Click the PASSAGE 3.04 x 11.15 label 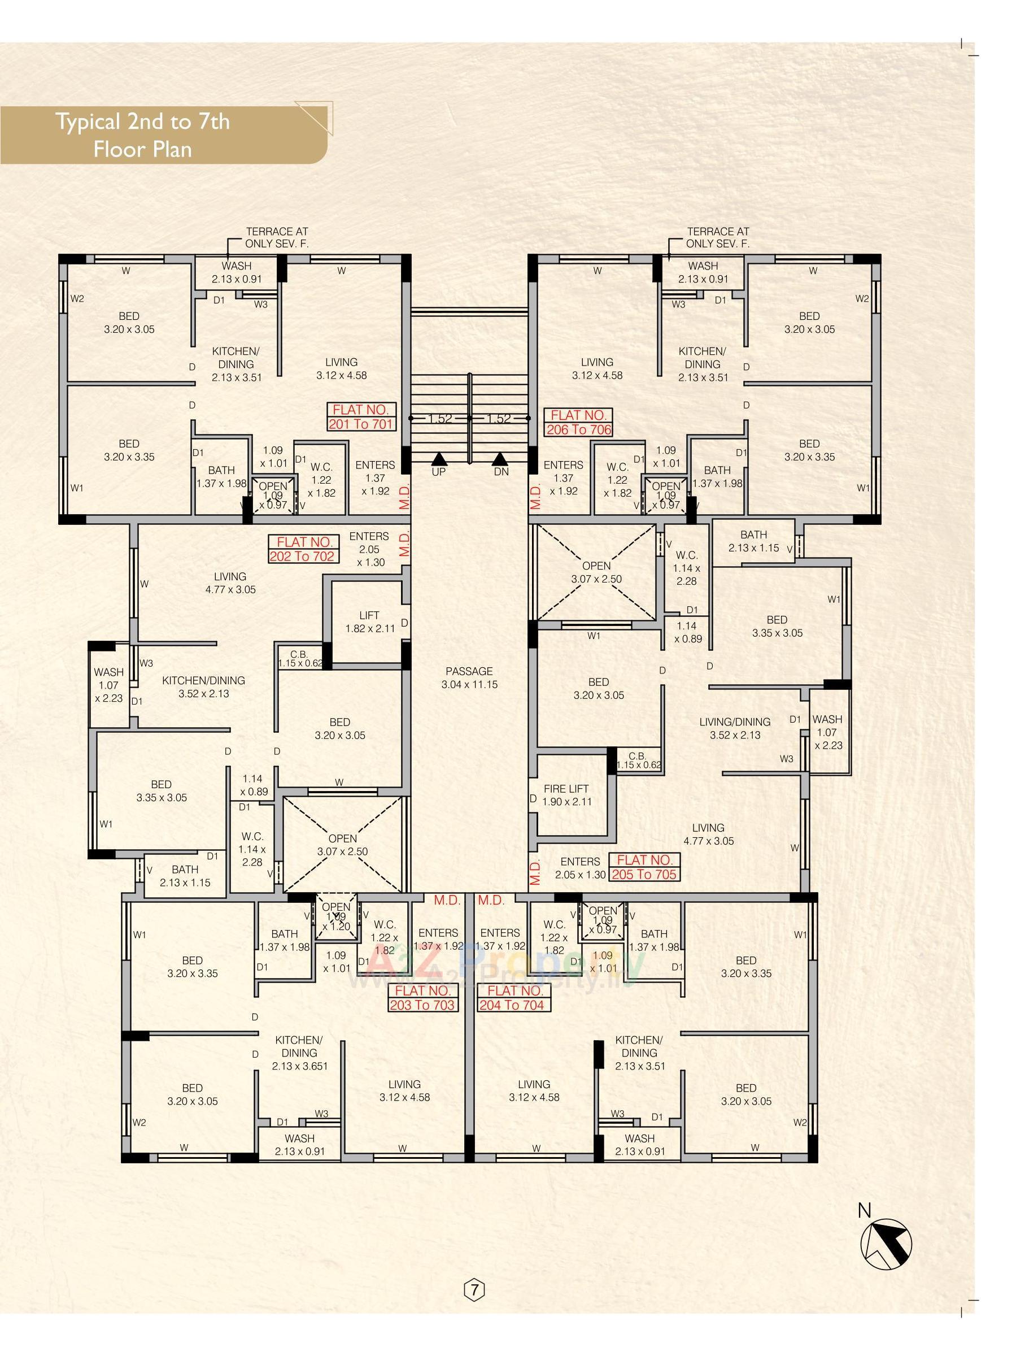[469, 677]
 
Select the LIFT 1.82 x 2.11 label [369, 621]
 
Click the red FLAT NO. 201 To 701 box [361, 417]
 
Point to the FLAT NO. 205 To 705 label [644, 867]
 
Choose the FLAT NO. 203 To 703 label [422, 997]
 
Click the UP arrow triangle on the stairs [438, 459]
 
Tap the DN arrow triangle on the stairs [500, 459]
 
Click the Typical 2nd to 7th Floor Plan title [143, 135]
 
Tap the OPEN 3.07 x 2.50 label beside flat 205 [596, 572]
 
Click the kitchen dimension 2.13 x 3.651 [300, 1066]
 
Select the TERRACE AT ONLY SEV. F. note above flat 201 [276, 237]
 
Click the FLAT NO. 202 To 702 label [302, 549]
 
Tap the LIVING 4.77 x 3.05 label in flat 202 [230, 583]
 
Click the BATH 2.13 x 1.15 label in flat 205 [753, 541]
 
